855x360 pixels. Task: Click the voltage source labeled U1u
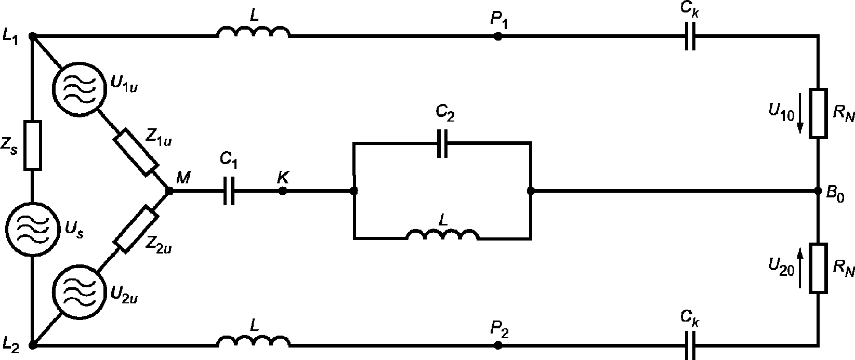(78, 88)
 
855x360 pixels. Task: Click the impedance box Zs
(33, 145)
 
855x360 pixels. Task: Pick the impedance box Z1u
(136, 152)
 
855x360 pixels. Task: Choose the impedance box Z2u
(136, 229)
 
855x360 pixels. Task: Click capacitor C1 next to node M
(229, 191)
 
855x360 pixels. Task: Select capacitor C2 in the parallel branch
(442, 143)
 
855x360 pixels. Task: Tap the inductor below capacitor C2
(443, 235)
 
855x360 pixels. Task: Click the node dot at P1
(497, 36)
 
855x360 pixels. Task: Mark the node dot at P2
(497, 345)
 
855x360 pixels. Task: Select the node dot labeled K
(282, 191)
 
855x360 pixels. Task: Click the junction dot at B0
(818, 191)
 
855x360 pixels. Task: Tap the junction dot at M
(169, 191)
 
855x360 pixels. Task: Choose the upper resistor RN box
(818, 113)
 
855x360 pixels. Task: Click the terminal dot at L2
(33, 345)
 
